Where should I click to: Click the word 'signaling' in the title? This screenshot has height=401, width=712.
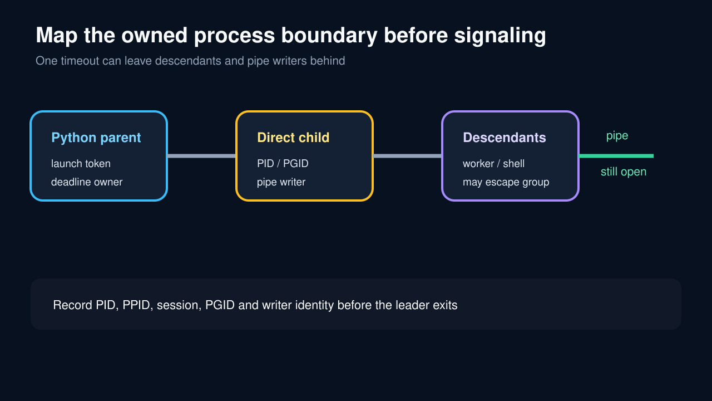pos(500,36)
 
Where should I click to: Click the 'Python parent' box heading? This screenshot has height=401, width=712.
pos(96,138)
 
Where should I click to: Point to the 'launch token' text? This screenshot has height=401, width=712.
pos(81,164)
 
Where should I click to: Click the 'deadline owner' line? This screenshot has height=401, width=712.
pos(87,182)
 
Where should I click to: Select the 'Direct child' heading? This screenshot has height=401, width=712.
pos(293,138)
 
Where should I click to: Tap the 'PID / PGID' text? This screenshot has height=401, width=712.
pos(283,164)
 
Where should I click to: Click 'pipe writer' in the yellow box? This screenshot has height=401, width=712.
pos(281,182)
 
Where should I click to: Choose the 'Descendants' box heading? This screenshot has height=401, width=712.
pos(505,138)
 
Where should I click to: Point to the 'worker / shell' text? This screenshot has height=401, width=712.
pos(493,164)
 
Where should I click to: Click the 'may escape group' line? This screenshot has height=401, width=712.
pos(506,182)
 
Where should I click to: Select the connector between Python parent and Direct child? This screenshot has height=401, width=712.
pos(201,156)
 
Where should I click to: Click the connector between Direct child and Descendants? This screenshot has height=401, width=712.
pos(407,156)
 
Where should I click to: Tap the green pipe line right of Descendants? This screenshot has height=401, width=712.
pos(616,156)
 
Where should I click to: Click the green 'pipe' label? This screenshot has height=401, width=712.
pos(617,136)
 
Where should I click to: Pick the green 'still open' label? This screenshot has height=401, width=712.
pos(624,172)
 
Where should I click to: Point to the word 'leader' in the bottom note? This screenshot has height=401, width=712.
pos(410,305)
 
